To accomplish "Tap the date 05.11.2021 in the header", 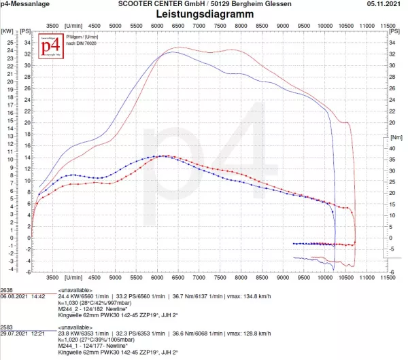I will (386, 4).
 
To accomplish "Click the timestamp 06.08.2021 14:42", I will (22, 297).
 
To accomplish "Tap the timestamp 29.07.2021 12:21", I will (22, 334).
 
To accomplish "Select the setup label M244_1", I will (70, 346).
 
